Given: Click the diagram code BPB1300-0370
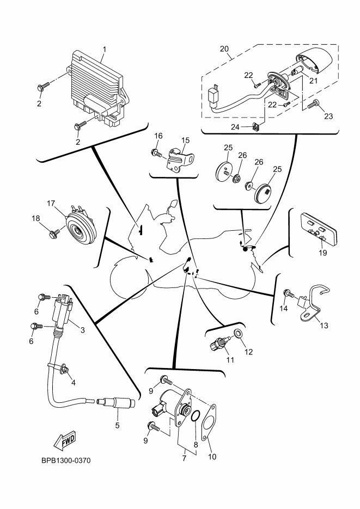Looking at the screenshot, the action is point(66,461).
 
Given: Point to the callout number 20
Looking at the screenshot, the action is point(224,49).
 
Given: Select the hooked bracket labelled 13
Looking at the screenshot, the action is point(313,304).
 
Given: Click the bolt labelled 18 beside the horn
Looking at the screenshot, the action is point(54,233).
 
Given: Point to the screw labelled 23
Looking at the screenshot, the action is point(313,104).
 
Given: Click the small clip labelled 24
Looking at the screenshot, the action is point(257,126).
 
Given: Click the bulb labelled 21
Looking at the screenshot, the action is point(297,70).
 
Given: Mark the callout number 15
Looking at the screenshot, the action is point(185,140).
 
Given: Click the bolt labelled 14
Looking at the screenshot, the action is point(289,293).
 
